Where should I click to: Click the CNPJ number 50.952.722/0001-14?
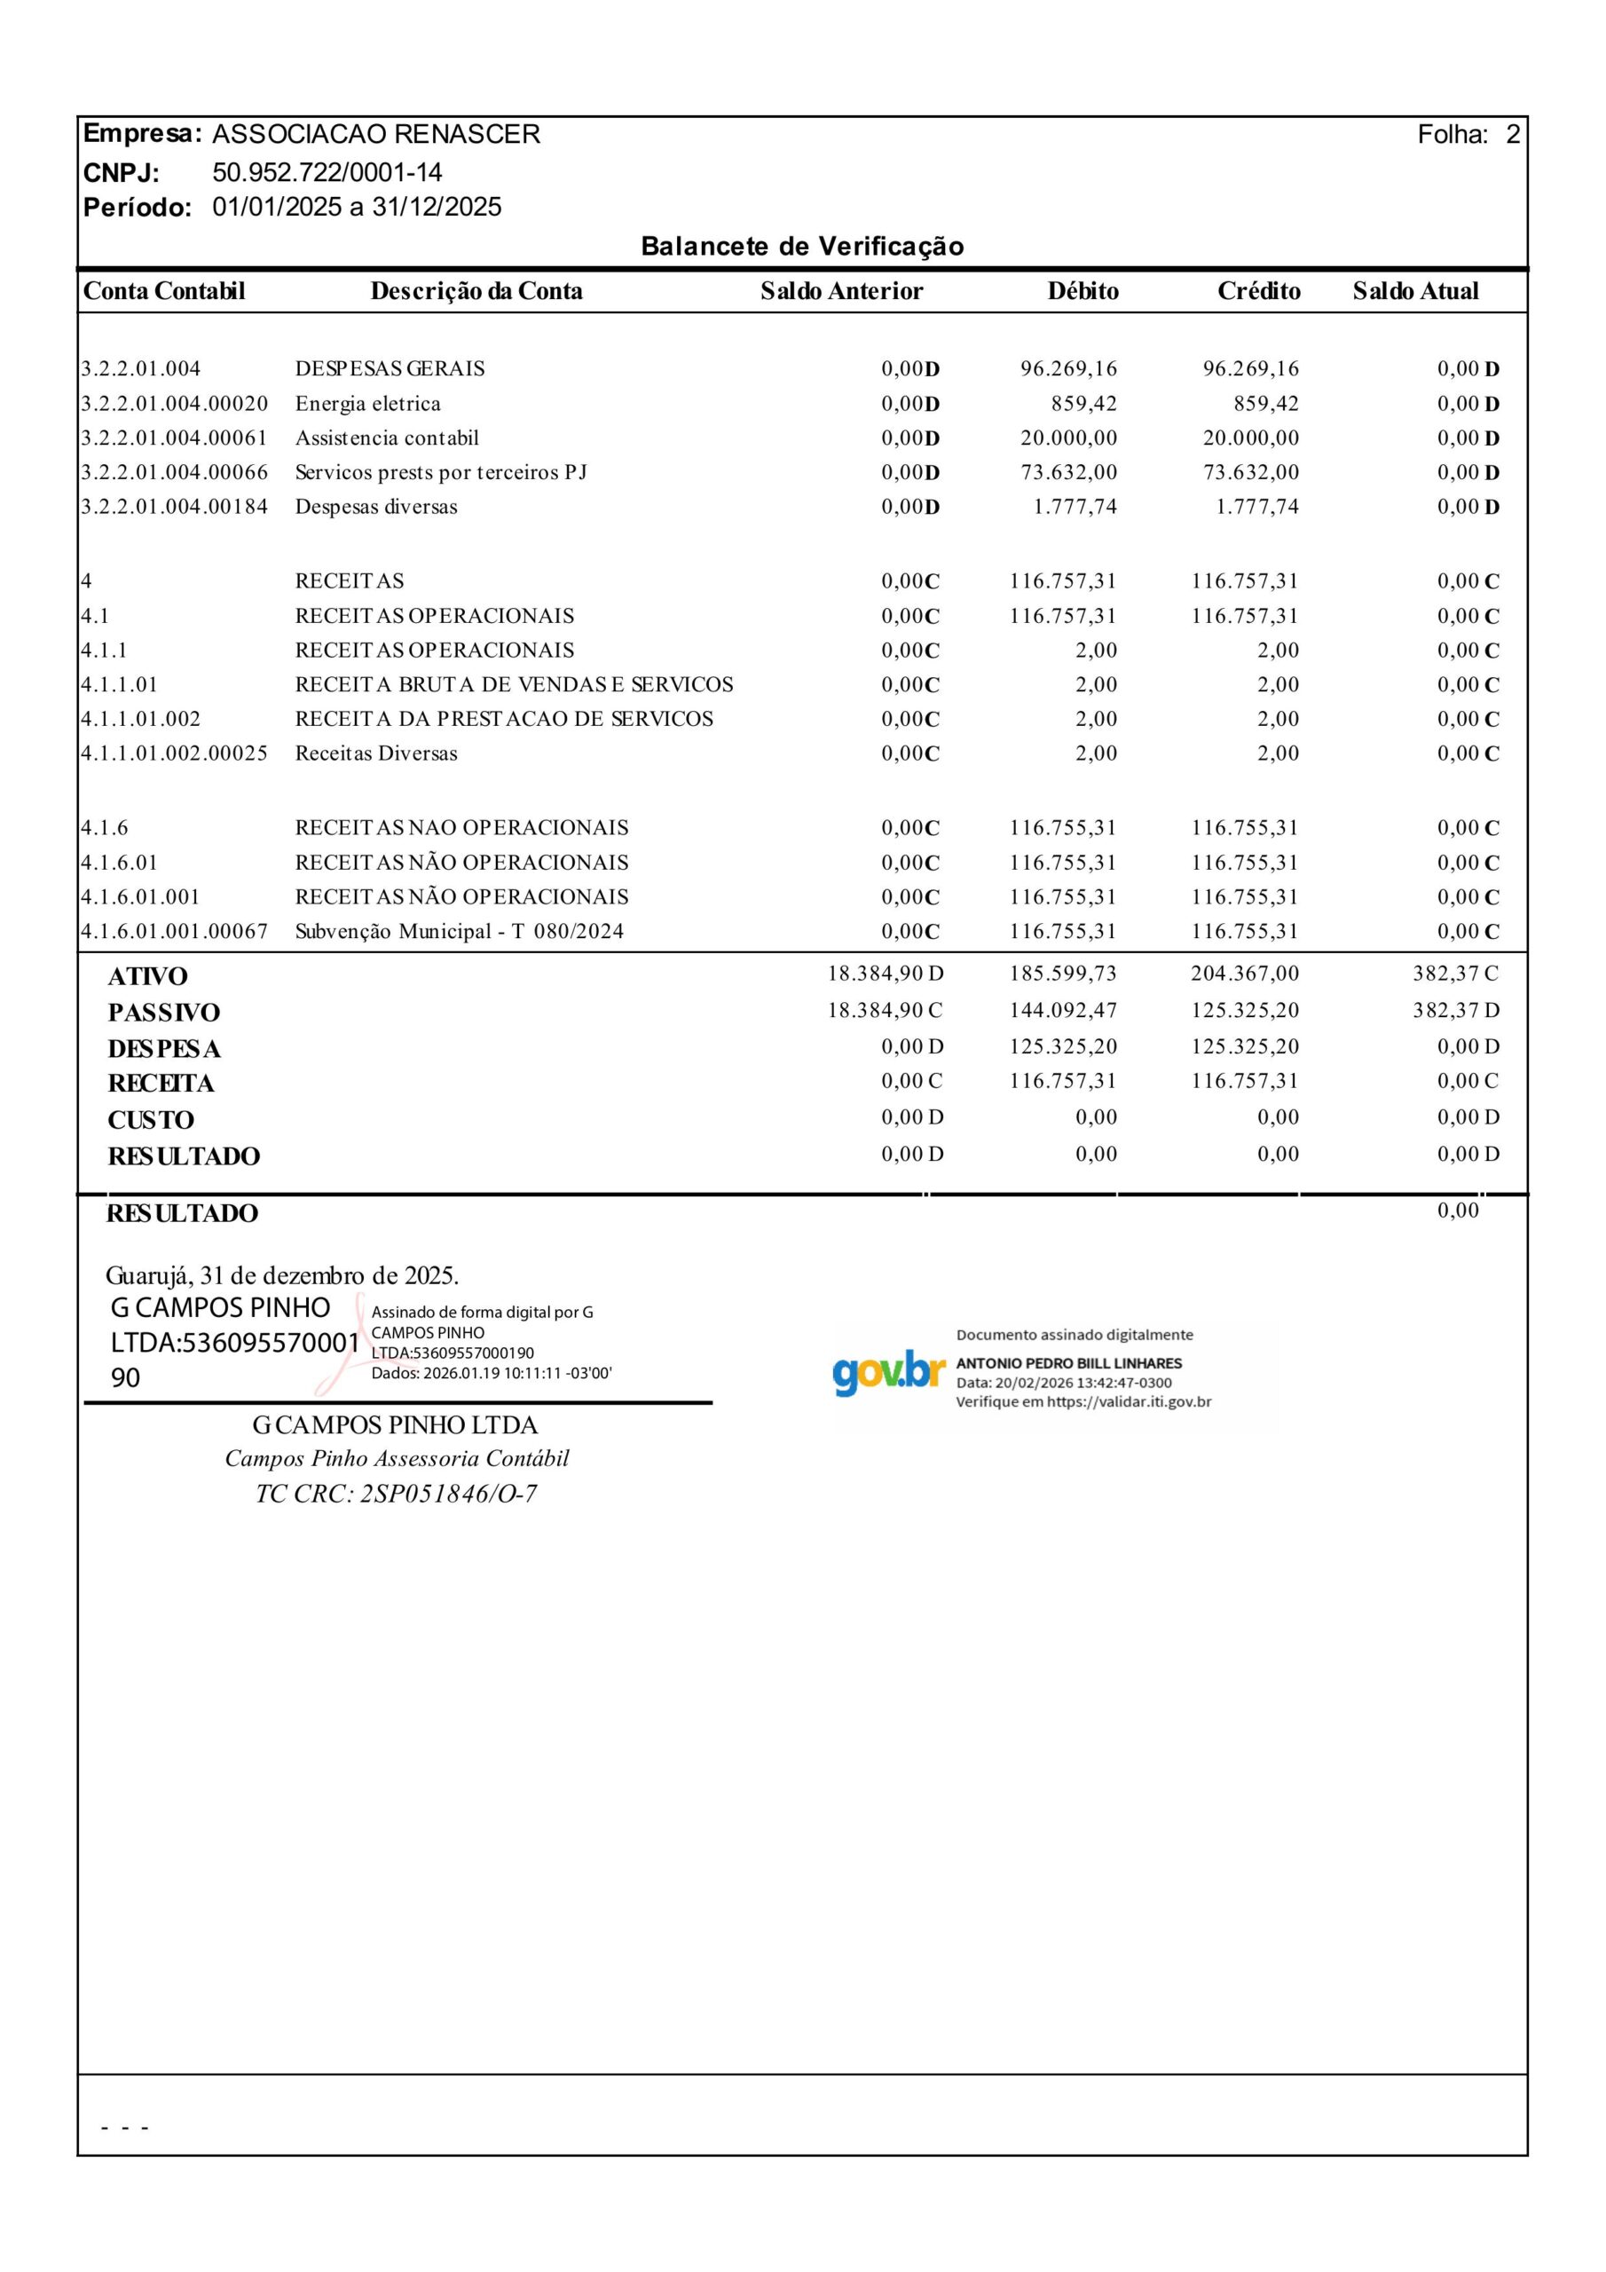click(327, 172)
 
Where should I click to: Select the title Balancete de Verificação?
click(801, 247)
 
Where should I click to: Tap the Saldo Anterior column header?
click(841, 291)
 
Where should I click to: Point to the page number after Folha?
click(1512, 135)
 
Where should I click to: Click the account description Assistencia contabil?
click(386, 438)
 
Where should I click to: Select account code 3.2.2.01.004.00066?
click(174, 472)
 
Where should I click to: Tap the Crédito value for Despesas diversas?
click(1256, 507)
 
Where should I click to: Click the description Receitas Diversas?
click(376, 753)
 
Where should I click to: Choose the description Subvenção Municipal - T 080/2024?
click(459, 931)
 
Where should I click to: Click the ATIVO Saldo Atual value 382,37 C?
click(1454, 974)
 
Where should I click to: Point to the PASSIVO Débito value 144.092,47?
click(1062, 1010)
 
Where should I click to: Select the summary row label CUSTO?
click(151, 1120)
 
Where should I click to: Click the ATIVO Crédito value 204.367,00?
click(1244, 974)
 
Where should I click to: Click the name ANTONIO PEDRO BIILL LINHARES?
click(1067, 1363)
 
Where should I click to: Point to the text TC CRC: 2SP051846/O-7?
click(396, 1495)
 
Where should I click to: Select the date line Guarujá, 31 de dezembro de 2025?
click(282, 1274)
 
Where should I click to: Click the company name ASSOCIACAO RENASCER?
click(376, 135)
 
